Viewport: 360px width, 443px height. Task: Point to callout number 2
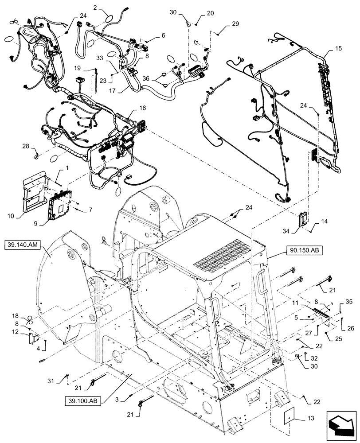click(95, 7)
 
